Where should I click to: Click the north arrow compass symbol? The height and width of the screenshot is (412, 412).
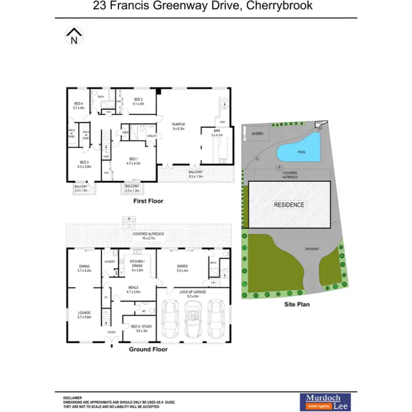73,37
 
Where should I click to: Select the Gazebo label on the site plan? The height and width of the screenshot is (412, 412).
258,133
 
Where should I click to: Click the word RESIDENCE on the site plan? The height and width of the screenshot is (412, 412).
289,204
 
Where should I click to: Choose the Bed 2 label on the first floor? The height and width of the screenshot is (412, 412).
138,101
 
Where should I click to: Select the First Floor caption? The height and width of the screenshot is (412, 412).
148,201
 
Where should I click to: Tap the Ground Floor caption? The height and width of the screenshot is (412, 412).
148,349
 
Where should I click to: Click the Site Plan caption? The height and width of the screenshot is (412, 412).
294,303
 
